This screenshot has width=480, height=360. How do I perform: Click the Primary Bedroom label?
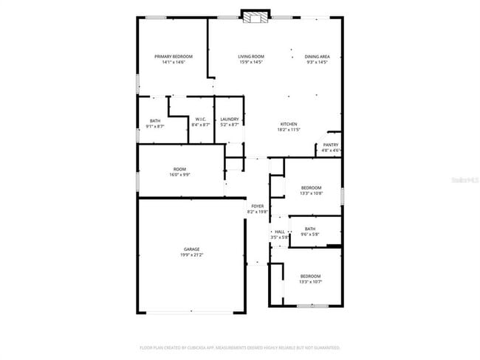coord(174,57)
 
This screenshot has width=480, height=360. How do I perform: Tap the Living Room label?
coord(251,57)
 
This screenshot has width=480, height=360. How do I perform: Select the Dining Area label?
coord(318,57)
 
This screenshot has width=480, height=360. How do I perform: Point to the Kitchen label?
coord(288,123)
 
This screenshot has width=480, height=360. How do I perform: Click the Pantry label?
coord(331,145)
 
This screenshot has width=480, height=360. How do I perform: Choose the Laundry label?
coord(229,120)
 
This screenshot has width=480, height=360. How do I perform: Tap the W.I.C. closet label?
coord(201,120)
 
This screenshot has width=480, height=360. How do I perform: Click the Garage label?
coord(191,249)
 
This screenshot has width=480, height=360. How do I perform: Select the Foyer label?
coord(258,206)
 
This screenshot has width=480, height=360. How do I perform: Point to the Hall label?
coord(280,232)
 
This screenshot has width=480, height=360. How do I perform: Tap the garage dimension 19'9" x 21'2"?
coord(191,255)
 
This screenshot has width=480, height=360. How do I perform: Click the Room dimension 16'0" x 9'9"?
coord(181,174)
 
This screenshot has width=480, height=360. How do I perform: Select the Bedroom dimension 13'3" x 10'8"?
coord(311,194)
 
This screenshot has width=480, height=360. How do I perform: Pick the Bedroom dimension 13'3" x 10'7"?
coord(311,282)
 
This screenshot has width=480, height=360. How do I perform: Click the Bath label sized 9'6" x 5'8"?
coord(309,229)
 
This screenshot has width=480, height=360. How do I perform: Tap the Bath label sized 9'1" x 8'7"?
coord(155,121)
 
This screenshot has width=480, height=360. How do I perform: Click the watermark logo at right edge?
coord(464,179)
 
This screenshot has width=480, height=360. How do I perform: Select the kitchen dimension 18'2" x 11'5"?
coord(288,129)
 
